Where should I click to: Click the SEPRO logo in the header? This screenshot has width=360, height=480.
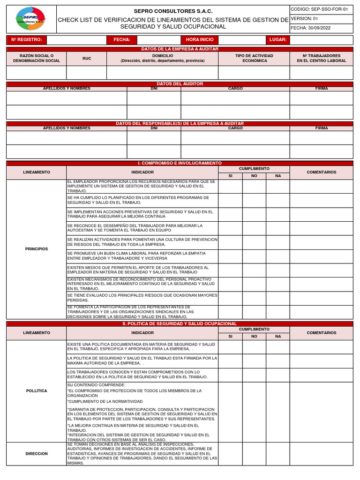30,19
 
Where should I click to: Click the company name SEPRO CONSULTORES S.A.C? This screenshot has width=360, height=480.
173,11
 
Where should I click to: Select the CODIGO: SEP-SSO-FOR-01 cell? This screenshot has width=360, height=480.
321,9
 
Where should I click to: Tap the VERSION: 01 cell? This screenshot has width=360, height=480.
321,19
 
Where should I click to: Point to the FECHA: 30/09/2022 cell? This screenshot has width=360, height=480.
321,28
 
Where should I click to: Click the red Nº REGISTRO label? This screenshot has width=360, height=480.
27,40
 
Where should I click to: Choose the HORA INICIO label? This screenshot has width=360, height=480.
199,40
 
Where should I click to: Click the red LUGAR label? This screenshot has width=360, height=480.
278,40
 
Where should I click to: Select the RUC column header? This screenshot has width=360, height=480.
87,59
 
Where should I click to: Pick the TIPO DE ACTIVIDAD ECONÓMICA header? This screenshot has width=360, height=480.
254,58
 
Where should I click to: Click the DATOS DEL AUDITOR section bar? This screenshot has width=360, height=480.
180,84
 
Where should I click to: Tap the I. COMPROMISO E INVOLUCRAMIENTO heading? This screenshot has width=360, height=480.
180,163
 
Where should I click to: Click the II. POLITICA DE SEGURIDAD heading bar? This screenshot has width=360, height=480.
180,324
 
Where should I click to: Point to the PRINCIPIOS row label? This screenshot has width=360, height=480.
37,249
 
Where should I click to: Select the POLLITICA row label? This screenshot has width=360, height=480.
37,390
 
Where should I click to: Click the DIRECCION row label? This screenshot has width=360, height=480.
37,454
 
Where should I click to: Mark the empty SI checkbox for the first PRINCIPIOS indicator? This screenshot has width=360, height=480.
230,187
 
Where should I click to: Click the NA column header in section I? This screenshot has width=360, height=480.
278,176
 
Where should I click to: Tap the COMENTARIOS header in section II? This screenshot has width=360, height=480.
321,333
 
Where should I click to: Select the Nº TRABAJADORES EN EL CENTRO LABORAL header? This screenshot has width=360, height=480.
321,58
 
